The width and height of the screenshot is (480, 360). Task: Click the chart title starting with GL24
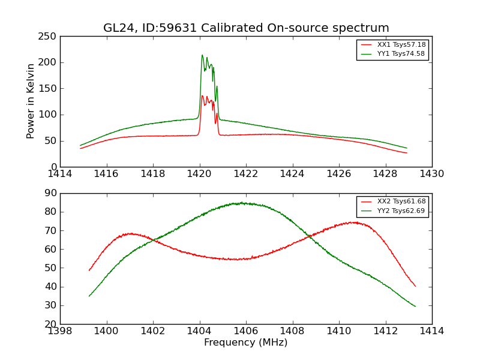pos(246,28)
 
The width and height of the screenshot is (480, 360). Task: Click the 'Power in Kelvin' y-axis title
pos(31,101)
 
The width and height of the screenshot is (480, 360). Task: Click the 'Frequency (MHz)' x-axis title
pos(246,343)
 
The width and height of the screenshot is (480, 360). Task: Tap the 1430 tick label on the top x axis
pos(432,173)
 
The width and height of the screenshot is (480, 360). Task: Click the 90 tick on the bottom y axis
pos(51,193)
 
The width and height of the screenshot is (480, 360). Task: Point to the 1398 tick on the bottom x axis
pos(61,331)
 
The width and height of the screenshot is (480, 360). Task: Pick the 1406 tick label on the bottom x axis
pos(246,331)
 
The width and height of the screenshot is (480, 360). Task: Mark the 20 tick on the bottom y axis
pos(51,324)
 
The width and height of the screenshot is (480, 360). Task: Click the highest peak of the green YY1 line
pos(202,55)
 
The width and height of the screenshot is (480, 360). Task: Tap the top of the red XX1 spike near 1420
pos(202,95)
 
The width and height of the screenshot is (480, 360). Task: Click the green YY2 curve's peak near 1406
pos(241,203)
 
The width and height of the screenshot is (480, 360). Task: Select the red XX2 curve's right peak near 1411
pos(355,222)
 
